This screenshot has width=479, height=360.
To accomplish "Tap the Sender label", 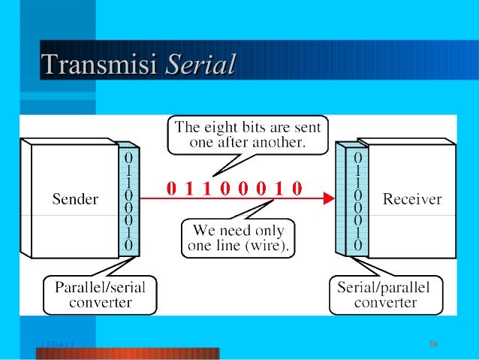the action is [75, 200].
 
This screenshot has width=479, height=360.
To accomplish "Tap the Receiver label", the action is [412, 200].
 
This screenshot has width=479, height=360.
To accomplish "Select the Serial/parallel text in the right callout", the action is [387, 288].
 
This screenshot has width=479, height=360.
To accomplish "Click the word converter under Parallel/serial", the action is [101, 303].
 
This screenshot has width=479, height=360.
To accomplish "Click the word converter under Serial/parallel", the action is [387, 303].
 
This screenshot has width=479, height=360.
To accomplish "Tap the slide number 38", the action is [432, 344].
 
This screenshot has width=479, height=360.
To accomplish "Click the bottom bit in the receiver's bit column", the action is [358, 245].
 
